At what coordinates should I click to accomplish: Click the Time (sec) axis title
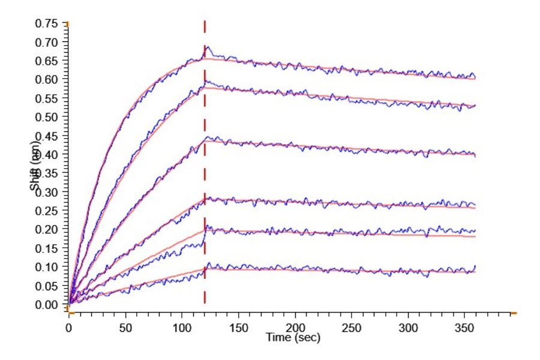[x=293, y=338]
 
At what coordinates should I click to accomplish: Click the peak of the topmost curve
[x=207, y=46]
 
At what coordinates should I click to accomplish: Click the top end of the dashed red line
[x=205, y=22]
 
